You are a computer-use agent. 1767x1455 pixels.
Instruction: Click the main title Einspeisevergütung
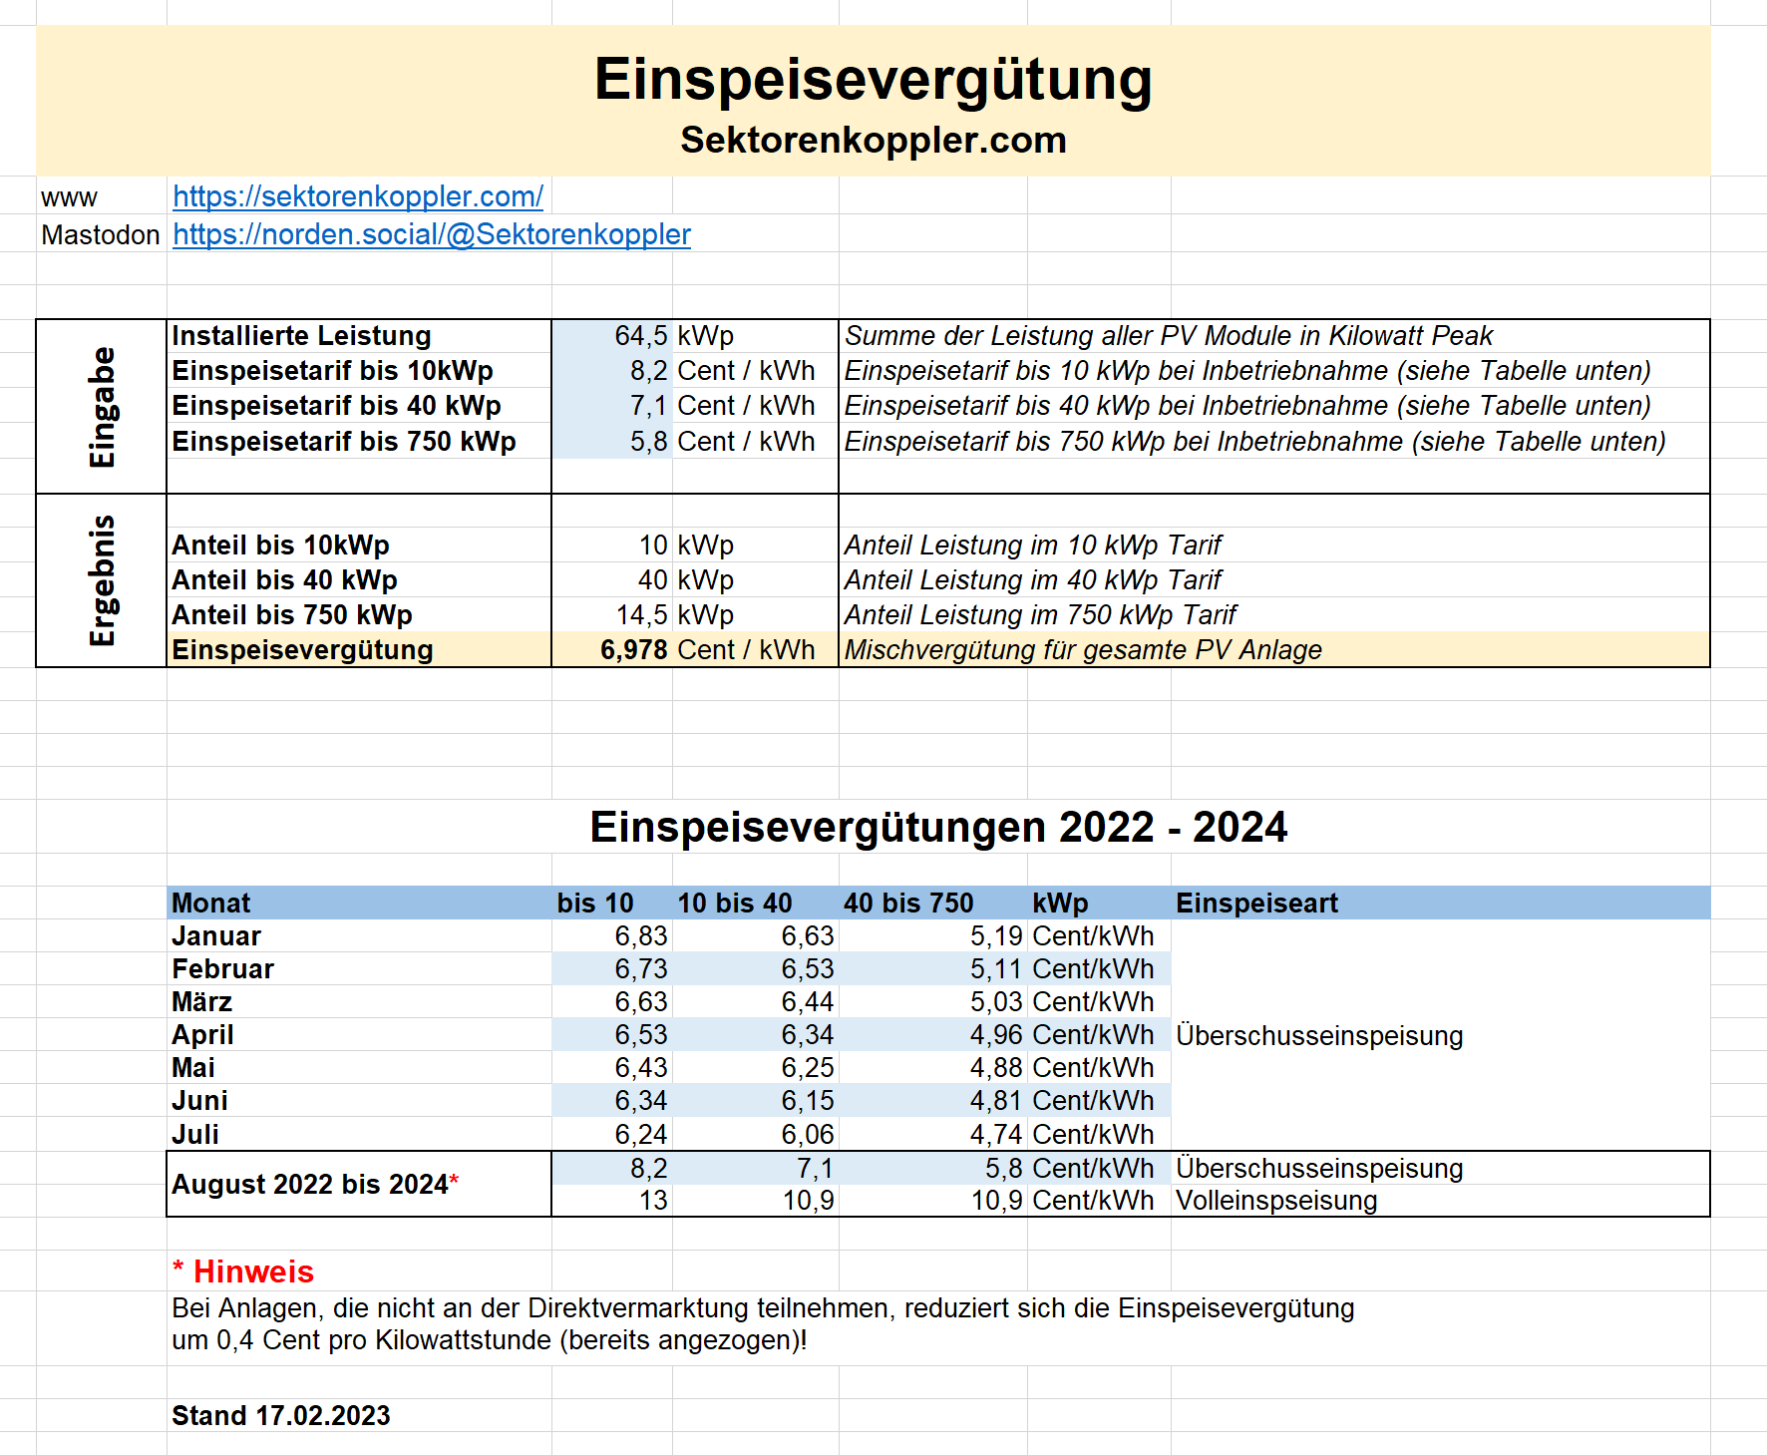click(873, 79)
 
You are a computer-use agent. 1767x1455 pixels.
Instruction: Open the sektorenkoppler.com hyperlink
click(358, 196)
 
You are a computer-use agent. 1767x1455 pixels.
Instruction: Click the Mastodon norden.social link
click(431, 234)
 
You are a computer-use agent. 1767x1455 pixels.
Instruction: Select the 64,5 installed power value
click(640, 336)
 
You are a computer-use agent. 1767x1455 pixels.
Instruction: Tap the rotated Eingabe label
click(102, 407)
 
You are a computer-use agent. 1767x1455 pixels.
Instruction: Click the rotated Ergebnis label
click(102, 580)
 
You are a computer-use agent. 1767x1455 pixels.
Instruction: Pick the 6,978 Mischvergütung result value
click(633, 650)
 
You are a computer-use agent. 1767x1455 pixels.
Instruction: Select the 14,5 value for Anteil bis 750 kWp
click(641, 615)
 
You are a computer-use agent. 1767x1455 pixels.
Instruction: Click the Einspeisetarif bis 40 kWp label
click(336, 406)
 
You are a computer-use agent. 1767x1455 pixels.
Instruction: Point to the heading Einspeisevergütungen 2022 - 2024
click(938, 827)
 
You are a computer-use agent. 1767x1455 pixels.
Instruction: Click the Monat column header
click(211, 904)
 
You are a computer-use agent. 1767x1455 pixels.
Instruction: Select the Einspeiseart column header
click(1256, 904)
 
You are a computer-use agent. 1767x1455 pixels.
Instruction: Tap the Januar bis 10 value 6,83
click(641, 936)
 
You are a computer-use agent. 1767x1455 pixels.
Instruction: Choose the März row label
click(201, 1002)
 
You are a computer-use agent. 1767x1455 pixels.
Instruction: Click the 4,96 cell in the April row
click(996, 1035)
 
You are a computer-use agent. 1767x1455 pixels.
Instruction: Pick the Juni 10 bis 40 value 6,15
click(808, 1101)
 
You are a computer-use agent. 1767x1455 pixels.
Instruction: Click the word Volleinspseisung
click(1276, 1201)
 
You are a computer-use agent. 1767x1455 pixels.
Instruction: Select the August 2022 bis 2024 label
click(310, 1184)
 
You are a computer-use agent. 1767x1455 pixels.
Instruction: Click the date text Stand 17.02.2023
click(281, 1416)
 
